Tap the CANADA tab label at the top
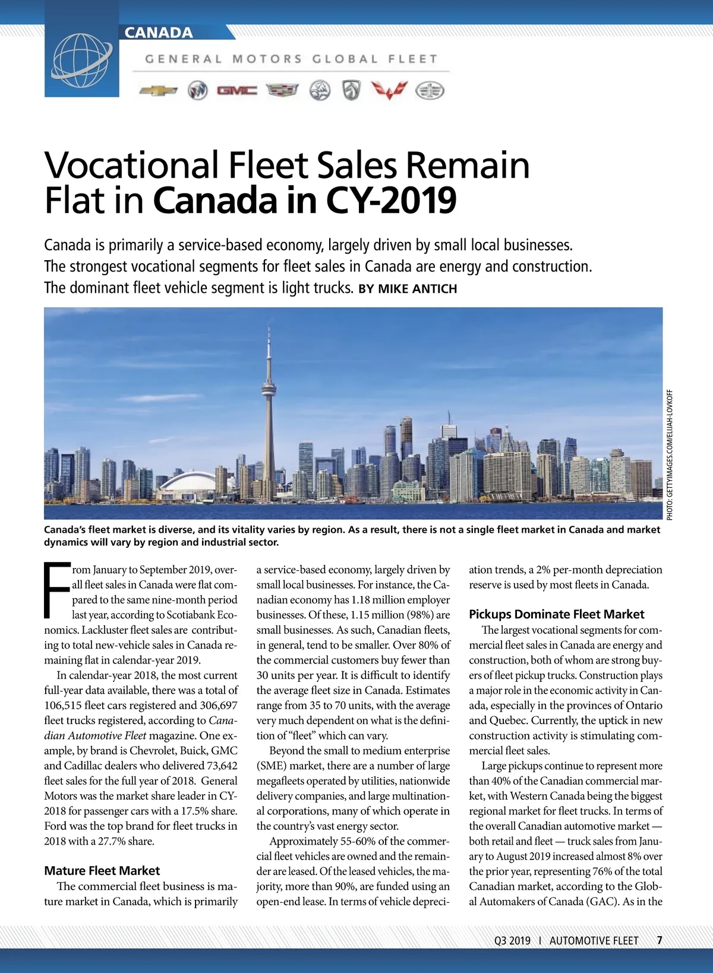click(159, 33)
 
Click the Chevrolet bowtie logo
click(158, 91)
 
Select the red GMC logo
click(237, 91)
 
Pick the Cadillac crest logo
click(282, 91)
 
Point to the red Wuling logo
click(389, 90)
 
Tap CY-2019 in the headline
click(391, 201)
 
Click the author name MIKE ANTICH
click(417, 289)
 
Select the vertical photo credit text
click(670, 455)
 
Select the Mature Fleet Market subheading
click(102, 871)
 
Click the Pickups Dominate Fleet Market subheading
click(556, 614)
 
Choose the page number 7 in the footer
click(660, 940)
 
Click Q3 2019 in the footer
click(512, 940)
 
